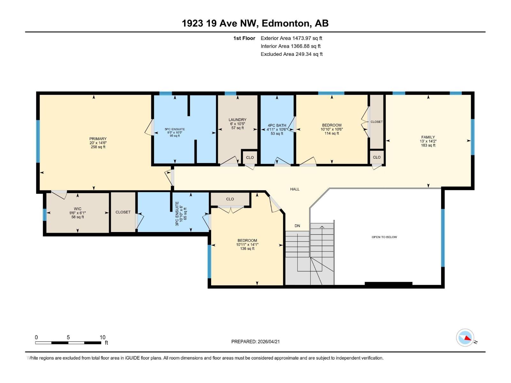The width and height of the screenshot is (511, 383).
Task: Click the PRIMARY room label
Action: tap(98, 139)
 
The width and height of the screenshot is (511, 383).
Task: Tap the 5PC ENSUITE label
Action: tap(175, 129)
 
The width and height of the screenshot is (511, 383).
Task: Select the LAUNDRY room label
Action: tap(237, 120)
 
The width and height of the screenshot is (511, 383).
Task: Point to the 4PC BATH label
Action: tap(277, 125)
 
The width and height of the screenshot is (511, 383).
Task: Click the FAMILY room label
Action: tap(428, 137)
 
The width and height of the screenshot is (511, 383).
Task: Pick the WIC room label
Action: tap(78, 209)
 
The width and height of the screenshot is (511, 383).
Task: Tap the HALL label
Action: tap(294, 189)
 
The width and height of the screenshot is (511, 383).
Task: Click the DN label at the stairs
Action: tap(297, 226)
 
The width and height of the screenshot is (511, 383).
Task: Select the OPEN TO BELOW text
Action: tap(384, 237)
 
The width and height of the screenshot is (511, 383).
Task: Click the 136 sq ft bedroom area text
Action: tap(247, 249)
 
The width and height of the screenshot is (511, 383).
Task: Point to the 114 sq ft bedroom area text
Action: tap(332, 133)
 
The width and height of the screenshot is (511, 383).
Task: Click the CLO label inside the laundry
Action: tap(250, 157)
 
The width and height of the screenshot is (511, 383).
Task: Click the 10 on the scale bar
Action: tap(102, 337)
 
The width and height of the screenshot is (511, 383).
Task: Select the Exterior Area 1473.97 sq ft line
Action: tap(291, 38)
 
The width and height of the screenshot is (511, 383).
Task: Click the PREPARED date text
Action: tap(256, 342)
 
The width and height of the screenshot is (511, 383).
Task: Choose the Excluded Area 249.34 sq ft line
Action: tap(291, 54)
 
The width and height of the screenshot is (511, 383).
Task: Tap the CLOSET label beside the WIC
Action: tap(123, 212)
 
